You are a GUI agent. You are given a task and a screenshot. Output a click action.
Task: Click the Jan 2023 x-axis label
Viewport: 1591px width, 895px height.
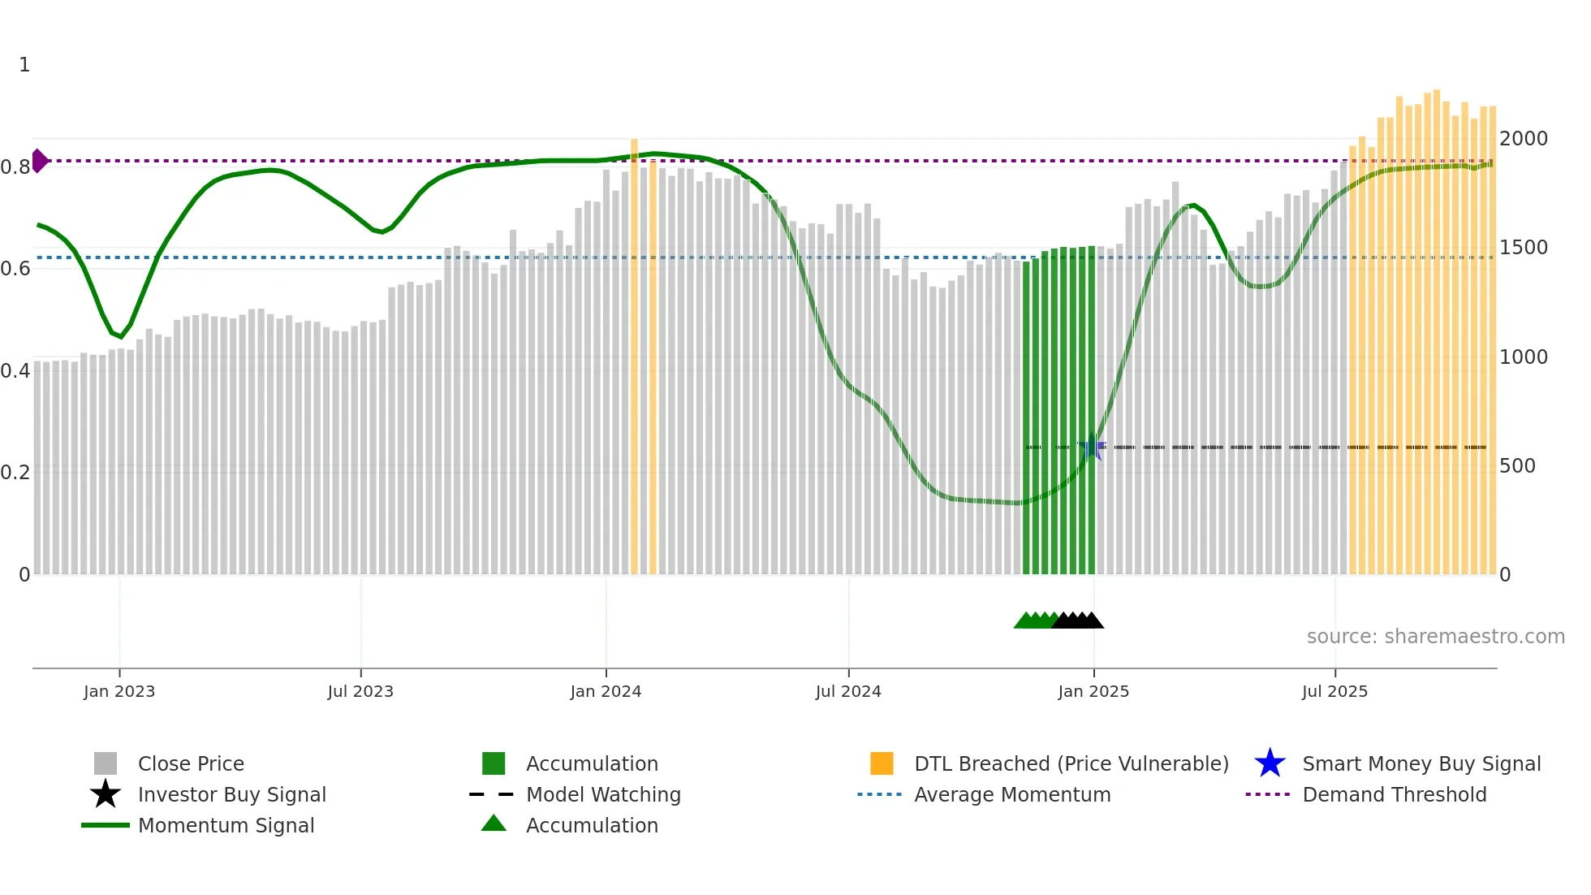[x=119, y=691]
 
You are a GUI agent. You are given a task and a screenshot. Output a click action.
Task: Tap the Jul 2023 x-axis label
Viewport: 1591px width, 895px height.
[x=360, y=691]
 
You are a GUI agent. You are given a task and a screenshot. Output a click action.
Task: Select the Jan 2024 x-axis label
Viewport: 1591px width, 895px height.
[x=606, y=691]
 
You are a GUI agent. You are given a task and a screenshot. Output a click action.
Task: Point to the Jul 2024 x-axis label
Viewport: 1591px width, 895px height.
[x=848, y=691]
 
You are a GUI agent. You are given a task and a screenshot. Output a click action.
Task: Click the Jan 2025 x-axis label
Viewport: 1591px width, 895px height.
[x=1093, y=691]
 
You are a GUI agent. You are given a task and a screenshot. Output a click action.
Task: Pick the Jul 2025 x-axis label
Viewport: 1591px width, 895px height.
[x=1334, y=691]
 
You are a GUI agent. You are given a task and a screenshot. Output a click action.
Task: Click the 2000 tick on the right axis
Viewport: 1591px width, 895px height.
[x=1524, y=139]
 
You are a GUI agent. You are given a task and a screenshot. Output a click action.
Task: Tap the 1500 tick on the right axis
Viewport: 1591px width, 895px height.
[x=1524, y=248]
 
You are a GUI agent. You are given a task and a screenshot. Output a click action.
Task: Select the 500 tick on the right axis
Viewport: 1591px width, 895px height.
[x=1517, y=466]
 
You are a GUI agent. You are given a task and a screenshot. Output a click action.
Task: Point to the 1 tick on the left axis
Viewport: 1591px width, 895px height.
[x=24, y=65]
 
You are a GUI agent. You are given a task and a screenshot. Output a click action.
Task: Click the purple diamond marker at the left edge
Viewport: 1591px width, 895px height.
[x=39, y=161]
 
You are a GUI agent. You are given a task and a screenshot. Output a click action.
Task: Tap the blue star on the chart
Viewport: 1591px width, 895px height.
[x=1093, y=447]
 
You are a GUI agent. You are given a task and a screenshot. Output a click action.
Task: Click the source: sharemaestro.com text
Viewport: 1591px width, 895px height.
[x=1435, y=637]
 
